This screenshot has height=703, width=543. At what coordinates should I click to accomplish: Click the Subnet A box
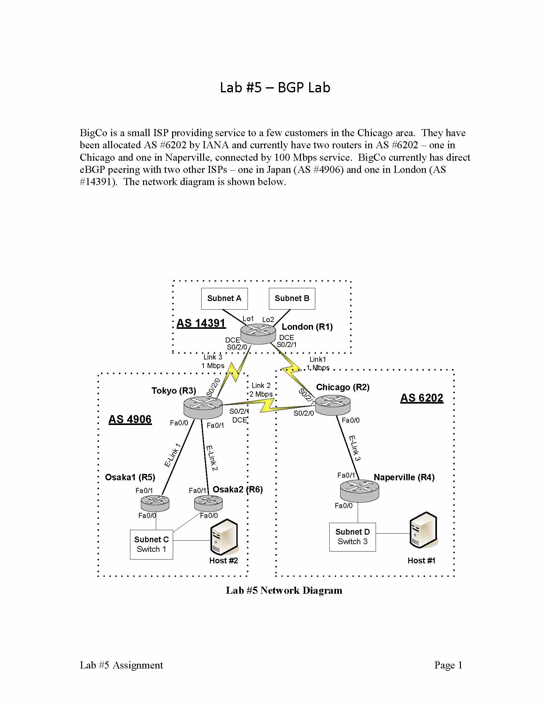(x=224, y=298)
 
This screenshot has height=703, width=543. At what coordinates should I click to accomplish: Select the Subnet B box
(x=292, y=298)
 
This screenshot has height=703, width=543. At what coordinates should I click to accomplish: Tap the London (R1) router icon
(x=258, y=334)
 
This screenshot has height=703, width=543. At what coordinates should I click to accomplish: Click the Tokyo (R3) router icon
(x=203, y=407)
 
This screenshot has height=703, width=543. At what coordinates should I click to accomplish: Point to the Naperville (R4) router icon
(x=359, y=491)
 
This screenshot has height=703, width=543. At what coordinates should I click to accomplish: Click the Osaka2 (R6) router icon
(x=209, y=503)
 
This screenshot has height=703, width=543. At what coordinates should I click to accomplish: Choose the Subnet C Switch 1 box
(x=151, y=544)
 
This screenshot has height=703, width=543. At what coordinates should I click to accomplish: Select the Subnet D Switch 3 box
(x=352, y=537)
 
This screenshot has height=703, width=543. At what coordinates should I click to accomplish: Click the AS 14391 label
(x=201, y=323)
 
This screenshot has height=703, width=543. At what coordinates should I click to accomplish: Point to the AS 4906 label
(x=130, y=419)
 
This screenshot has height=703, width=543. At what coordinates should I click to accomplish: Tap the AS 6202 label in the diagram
(x=422, y=398)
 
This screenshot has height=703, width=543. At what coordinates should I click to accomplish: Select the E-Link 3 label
(x=355, y=448)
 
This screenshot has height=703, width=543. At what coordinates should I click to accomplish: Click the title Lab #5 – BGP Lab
(x=275, y=88)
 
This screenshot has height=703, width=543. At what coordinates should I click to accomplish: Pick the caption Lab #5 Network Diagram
(x=284, y=590)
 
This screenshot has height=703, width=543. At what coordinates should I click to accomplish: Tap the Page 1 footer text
(x=448, y=665)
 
